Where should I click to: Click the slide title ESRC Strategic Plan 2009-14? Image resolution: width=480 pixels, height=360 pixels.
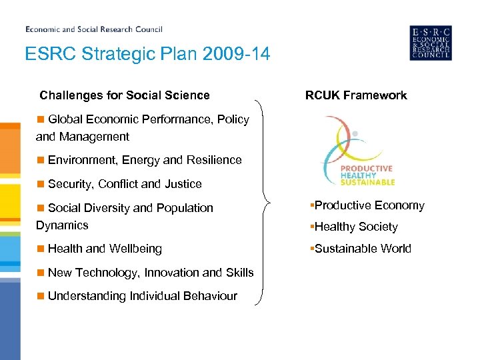(x=147, y=54)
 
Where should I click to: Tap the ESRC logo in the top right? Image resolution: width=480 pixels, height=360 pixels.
(x=430, y=43)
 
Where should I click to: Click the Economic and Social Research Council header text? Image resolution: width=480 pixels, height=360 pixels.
(x=94, y=29)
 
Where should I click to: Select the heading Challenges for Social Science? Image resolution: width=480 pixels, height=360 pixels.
(x=125, y=95)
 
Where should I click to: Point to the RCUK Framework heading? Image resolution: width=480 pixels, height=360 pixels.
(x=356, y=95)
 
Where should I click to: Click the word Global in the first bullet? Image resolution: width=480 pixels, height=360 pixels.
(x=64, y=119)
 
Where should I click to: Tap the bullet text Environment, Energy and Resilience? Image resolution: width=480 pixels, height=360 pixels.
(x=145, y=160)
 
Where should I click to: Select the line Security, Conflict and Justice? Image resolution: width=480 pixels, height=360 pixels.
(x=125, y=184)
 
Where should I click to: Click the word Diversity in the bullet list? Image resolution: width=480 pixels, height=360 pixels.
(x=107, y=208)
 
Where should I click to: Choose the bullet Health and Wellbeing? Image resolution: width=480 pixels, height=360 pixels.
(x=105, y=249)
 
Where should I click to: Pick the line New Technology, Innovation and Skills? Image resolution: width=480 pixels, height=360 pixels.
(x=151, y=273)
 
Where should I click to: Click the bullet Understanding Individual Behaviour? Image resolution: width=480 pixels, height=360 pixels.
(x=142, y=296)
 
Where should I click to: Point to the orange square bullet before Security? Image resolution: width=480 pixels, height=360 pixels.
(x=41, y=183)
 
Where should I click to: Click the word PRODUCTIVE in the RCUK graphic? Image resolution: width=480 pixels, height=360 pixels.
(x=367, y=169)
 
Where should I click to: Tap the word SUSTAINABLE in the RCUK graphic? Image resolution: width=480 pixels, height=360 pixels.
(x=368, y=182)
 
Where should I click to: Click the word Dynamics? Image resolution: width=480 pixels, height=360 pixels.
(x=62, y=225)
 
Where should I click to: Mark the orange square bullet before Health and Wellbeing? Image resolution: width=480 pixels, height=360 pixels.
(x=41, y=248)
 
